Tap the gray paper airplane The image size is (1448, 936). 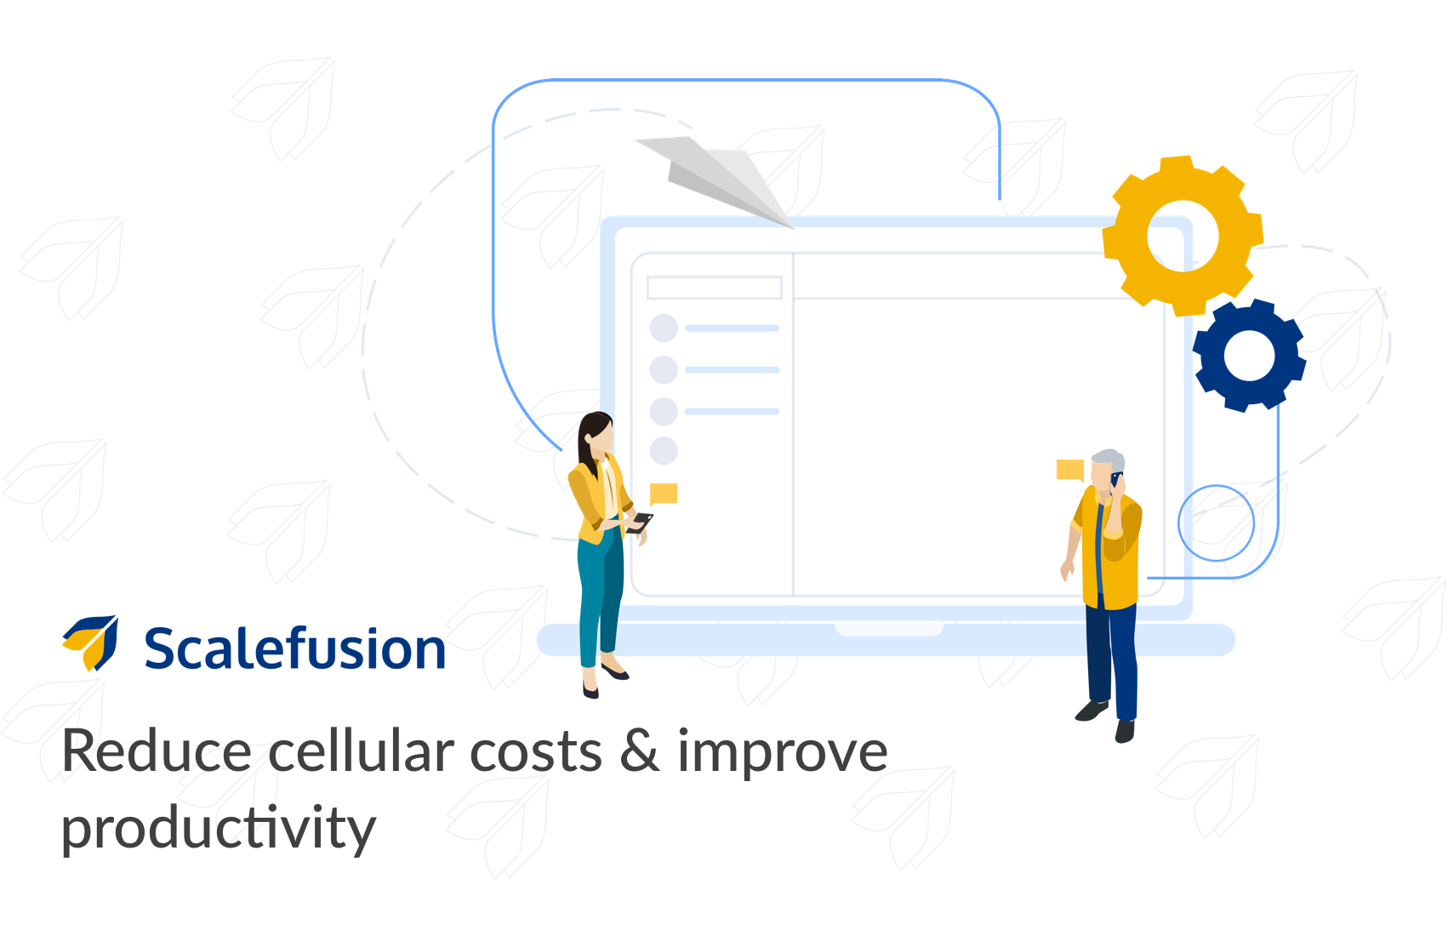click(x=717, y=178)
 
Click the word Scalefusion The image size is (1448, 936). click(x=294, y=648)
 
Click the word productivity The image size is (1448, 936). click(x=219, y=830)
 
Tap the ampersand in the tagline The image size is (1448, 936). click(x=639, y=751)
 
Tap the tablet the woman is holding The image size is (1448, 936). click(x=639, y=522)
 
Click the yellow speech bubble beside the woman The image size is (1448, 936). click(x=664, y=494)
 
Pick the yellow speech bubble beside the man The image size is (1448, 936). click(x=1070, y=470)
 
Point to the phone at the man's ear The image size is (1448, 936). click(x=1115, y=479)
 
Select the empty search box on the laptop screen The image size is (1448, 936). click(x=715, y=288)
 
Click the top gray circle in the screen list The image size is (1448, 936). click(x=664, y=328)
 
